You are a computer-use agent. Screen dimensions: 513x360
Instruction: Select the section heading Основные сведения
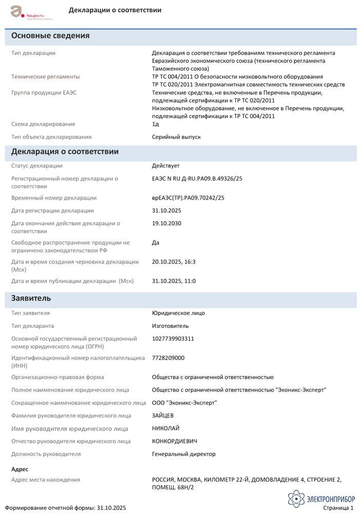50,36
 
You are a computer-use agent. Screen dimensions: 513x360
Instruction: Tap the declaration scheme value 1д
155,124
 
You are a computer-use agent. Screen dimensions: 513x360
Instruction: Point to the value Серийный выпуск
176,137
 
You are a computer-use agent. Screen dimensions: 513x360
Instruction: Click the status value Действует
166,166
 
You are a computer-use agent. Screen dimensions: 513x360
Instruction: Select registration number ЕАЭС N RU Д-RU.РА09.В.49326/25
197,179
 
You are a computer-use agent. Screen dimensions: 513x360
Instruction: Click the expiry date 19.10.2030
167,223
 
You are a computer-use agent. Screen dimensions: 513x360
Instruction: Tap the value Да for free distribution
155,242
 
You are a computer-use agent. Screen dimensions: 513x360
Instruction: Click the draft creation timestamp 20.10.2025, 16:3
174,262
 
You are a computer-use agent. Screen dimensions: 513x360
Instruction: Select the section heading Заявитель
31,298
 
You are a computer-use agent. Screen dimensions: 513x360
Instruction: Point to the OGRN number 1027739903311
173,339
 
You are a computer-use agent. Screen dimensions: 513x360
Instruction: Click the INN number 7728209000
168,358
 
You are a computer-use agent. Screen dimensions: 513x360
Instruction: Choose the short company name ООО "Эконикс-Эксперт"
184,403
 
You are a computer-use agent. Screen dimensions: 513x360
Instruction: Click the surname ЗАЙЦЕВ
163,416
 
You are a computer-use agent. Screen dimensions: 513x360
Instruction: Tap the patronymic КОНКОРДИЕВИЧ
174,441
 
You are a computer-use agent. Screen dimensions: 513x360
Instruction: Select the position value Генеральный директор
184,454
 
